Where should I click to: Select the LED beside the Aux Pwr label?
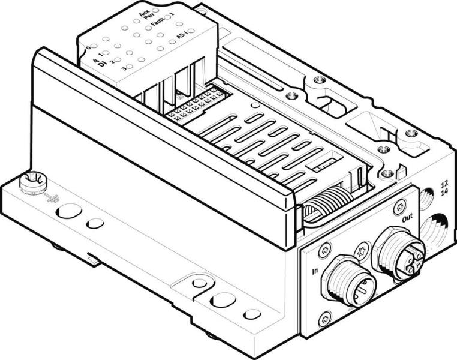[x=156, y=11]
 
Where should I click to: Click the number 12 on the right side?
[x=443, y=184]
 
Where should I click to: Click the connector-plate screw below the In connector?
[x=324, y=320]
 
